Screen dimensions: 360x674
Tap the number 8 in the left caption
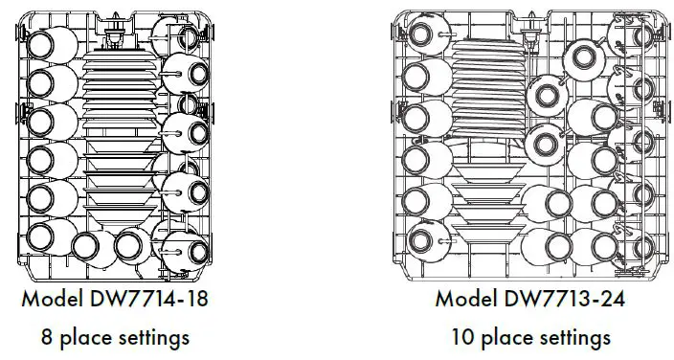pyautogui.click(x=46, y=337)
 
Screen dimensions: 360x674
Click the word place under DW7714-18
pyautogui.click(x=84, y=337)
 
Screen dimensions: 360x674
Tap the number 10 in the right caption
pyautogui.click(x=462, y=337)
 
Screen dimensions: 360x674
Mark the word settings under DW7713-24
pyautogui.click(x=574, y=337)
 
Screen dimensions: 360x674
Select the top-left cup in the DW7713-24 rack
pyautogui.click(x=422, y=36)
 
